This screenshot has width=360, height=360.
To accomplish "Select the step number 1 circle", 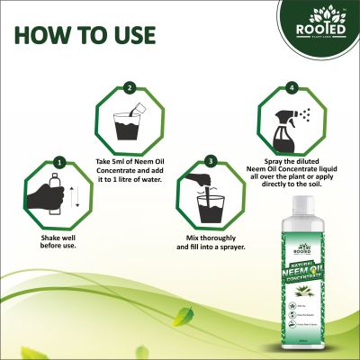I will click(58, 163).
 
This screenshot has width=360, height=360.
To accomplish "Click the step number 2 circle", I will click(130, 88).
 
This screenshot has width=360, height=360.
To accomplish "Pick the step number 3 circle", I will click(209, 161).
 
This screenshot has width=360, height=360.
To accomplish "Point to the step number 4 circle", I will click(291, 87).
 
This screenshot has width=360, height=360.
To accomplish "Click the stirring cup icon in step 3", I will click(210, 201).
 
